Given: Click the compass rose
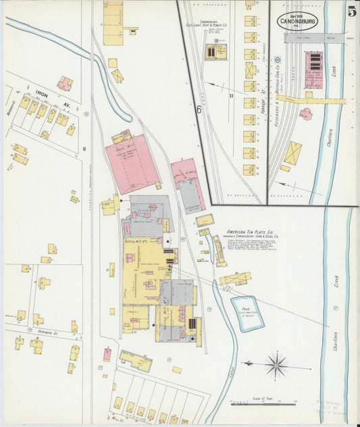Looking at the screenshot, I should [276, 366].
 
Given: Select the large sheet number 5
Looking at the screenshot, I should [351, 11].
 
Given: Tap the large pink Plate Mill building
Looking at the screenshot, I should [131, 163].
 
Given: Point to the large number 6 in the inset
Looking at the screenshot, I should [199, 107].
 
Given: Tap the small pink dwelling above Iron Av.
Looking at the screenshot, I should [64, 84].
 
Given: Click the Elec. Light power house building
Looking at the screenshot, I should [215, 52].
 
